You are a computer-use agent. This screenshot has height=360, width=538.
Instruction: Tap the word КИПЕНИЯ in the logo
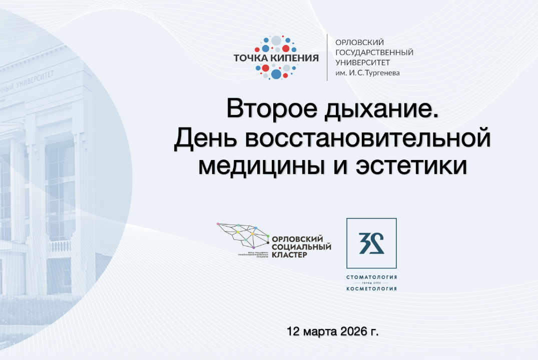(x=294, y=58)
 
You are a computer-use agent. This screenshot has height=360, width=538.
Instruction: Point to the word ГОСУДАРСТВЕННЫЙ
(x=374, y=52)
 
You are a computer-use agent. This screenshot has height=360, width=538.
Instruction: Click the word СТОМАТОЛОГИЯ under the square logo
(x=371, y=277)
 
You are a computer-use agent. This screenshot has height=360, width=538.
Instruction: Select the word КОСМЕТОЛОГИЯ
(x=371, y=288)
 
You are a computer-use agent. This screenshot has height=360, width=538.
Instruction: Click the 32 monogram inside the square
(x=371, y=243)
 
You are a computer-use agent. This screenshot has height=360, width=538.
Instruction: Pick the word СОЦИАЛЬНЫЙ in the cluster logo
(x=300, y=247)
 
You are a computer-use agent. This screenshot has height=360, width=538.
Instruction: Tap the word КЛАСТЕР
(x=289, y=255)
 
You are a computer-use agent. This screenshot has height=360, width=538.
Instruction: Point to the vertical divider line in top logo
(x=327, y=57)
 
